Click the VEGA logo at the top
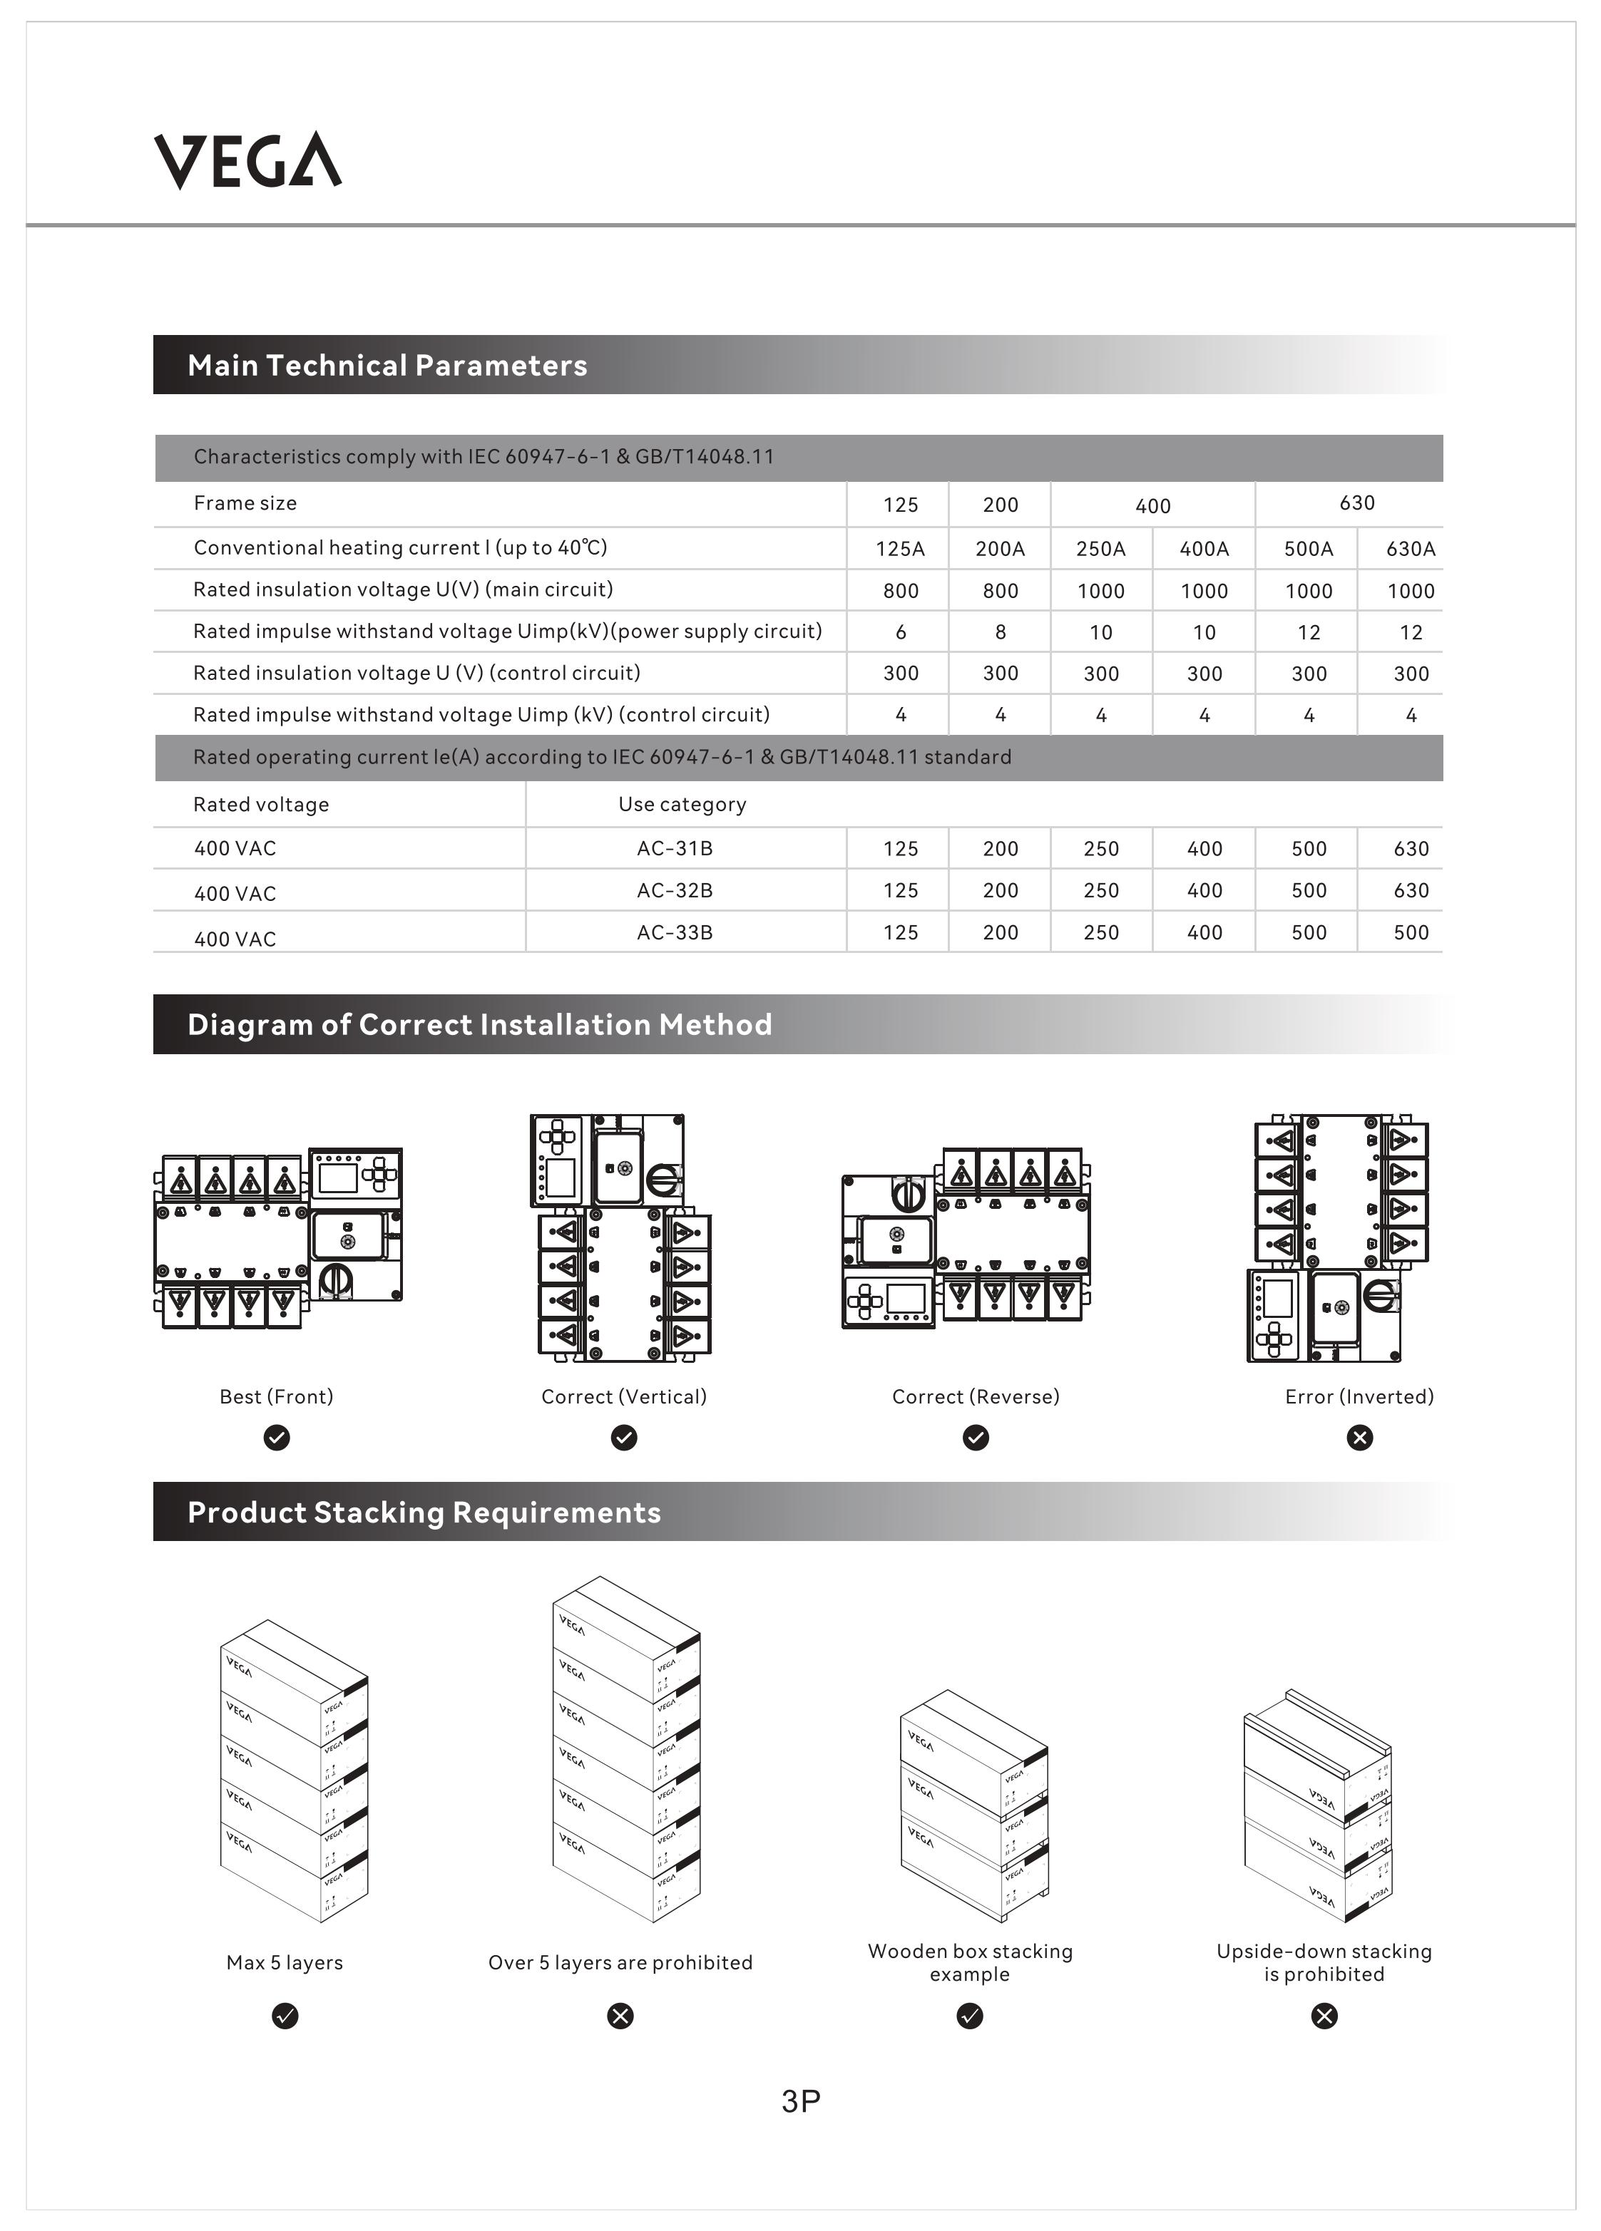pos(248,160)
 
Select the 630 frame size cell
pos(1356,504)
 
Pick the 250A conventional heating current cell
pos(1100,549)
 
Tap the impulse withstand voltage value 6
pos(901,632)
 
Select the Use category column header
pos(682,805)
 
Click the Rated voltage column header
pos(261,805)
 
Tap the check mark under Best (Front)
pos(277,1438)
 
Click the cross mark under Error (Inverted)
pos(1359,1438)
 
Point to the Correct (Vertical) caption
pos(624,1397)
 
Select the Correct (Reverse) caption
pos(975,1397)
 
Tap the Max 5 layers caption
pos(285,1962)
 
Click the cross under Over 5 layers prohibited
pos(620,2016)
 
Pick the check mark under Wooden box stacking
pos(969,2016)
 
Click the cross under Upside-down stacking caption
pos(1324,2016)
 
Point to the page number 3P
pos(801,2101)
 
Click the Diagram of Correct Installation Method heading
pos(479,1025)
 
